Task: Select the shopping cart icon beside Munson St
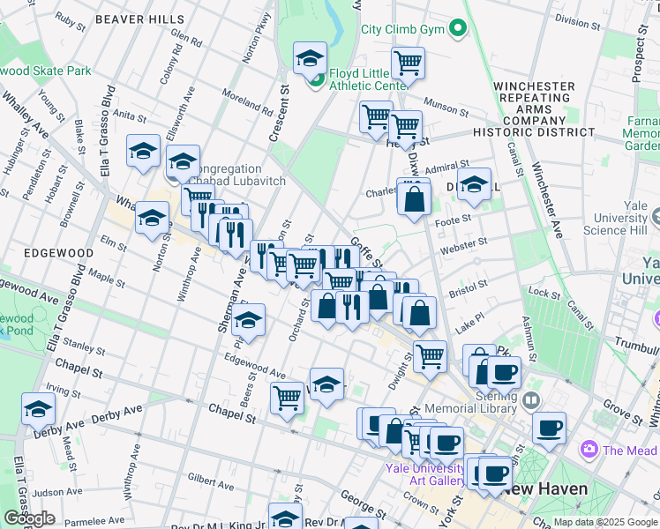tap(408, 63)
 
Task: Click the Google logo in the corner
tap(29, 518)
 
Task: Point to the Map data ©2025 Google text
tap(605, 522)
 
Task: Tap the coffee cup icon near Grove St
tap(549, 428)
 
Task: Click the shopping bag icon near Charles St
tap(414, 198)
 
